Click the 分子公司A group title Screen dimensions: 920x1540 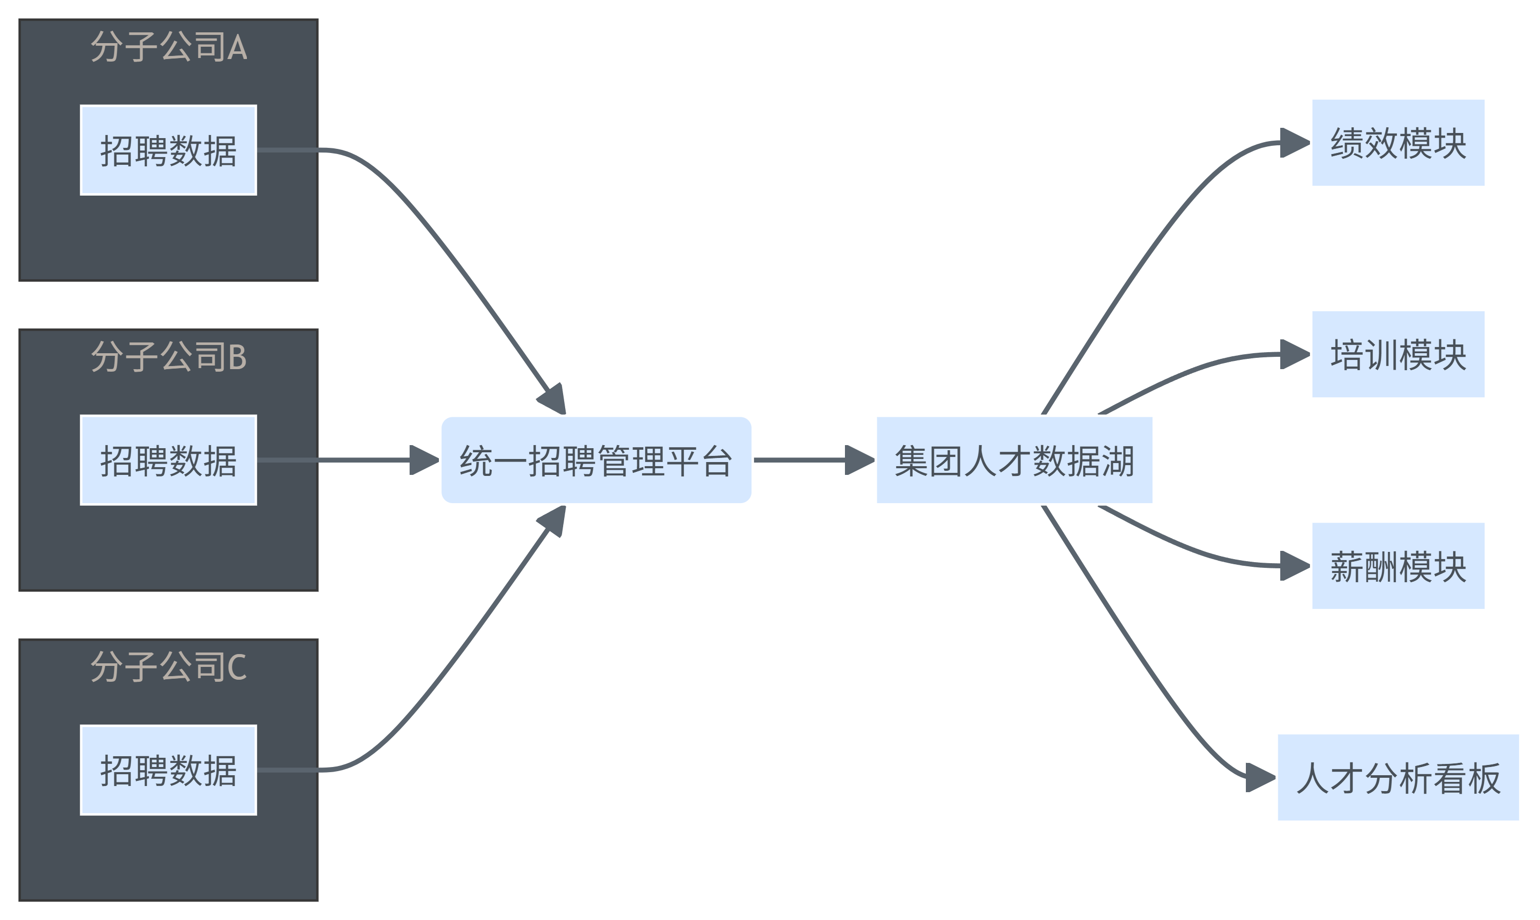168,47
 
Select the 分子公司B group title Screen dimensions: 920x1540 168,357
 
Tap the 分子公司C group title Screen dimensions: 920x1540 168,667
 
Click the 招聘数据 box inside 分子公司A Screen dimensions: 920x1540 168,150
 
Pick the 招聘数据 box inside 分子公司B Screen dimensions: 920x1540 168,460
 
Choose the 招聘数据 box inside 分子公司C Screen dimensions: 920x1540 168,770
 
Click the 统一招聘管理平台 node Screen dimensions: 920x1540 596,460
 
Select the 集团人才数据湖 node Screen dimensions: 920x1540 1014,460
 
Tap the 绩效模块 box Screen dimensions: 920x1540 1398,143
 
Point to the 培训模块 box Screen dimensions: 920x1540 1398,354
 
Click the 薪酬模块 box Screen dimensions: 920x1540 1398,566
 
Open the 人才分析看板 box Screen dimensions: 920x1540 1398,777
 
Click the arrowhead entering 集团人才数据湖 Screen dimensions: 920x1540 859,460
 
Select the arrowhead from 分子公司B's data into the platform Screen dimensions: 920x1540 424,460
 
